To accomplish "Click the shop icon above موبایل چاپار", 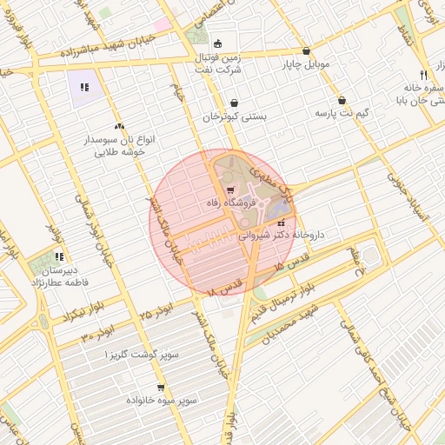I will tap(306, 50).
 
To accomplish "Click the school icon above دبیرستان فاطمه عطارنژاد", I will tap(59, 256).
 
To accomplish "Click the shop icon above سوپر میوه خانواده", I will tap(161, 387).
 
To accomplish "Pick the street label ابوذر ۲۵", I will tap(157, 308).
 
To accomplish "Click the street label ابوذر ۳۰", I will tap(98, 333).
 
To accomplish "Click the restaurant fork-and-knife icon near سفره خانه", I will tap(422, 75).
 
